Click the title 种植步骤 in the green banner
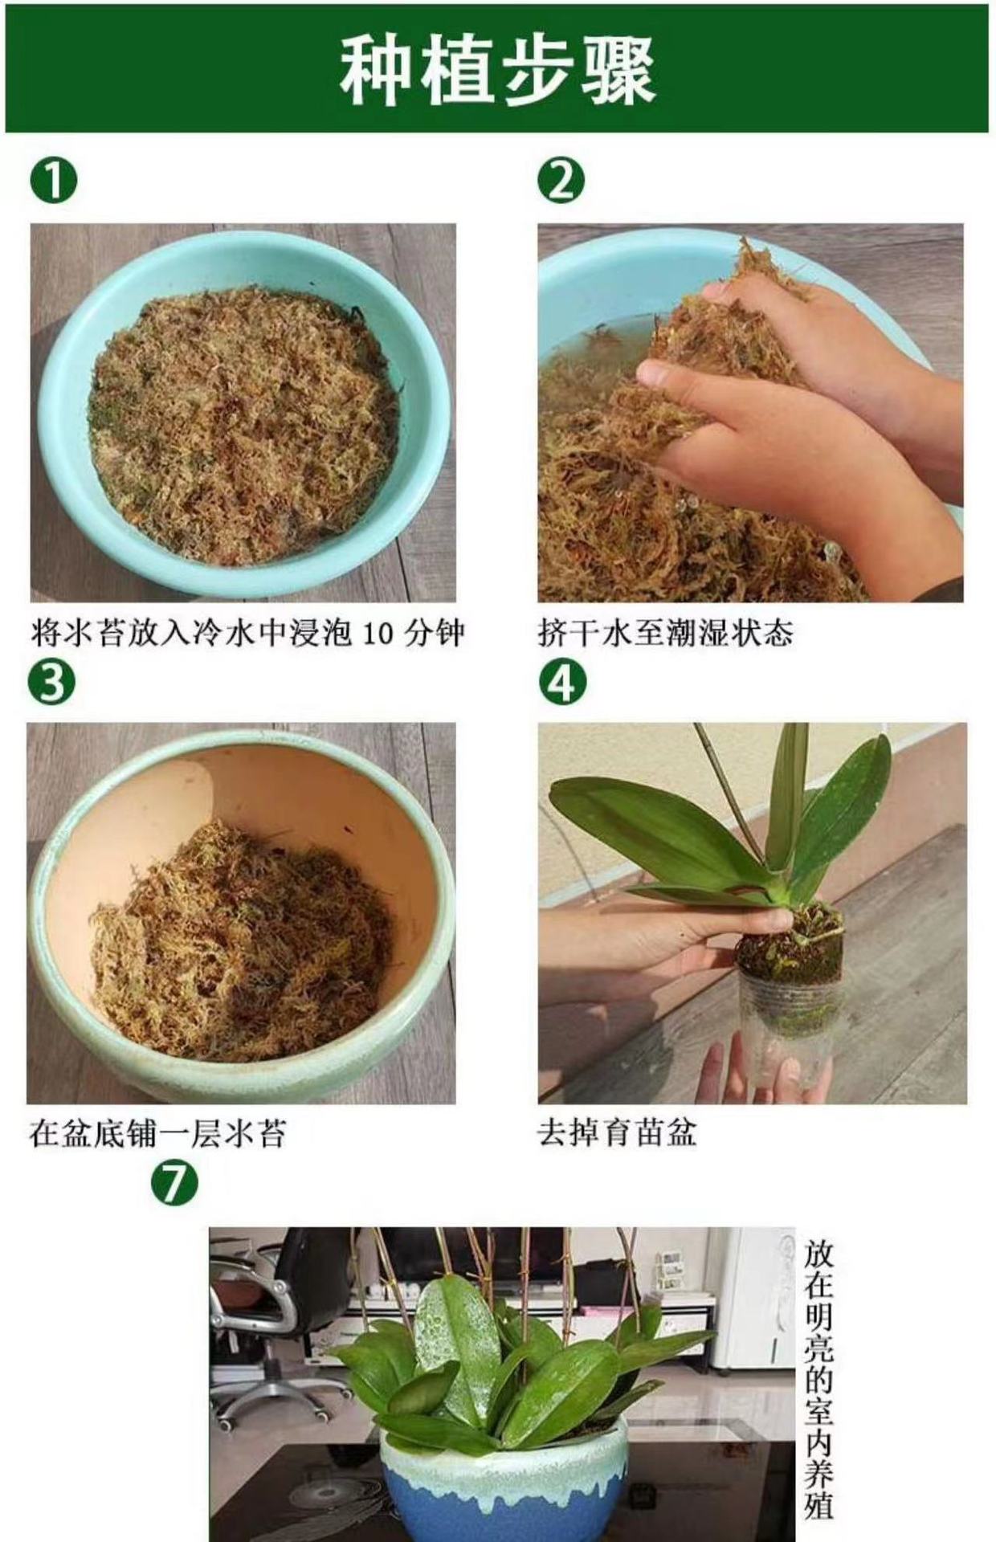pos(497,71)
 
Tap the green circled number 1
pos(54,181)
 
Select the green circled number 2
pos(561,181)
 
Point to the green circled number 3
pos(51,682)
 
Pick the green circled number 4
pos(562,682)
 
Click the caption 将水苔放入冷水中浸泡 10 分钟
pos(248,633)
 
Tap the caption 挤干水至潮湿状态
pos(665,633)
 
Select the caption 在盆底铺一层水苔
pos(157,1133)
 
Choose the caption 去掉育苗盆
pos(617,1133)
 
